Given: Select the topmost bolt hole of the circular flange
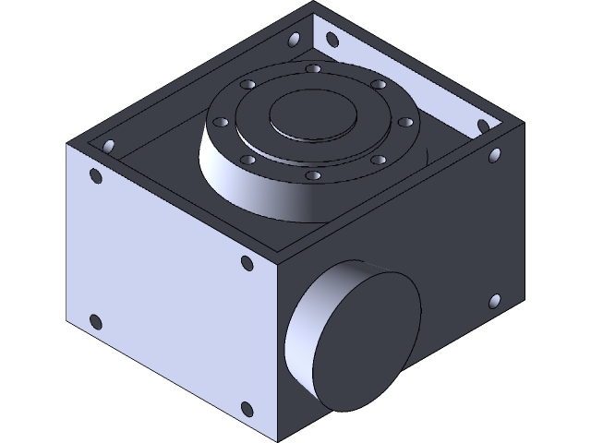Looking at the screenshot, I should pos(313,69).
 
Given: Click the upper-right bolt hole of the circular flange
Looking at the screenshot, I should pos(377,85).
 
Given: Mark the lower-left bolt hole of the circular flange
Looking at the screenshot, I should pos(248,159).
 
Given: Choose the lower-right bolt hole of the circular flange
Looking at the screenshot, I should pos(378,159).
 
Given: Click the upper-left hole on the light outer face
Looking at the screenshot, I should pos(94,177).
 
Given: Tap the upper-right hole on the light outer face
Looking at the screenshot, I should pos(246,263).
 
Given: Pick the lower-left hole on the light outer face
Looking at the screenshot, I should pos(94,322).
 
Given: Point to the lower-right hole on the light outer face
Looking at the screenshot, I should pos(246,410).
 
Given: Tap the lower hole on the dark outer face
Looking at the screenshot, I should pos(494,301).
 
